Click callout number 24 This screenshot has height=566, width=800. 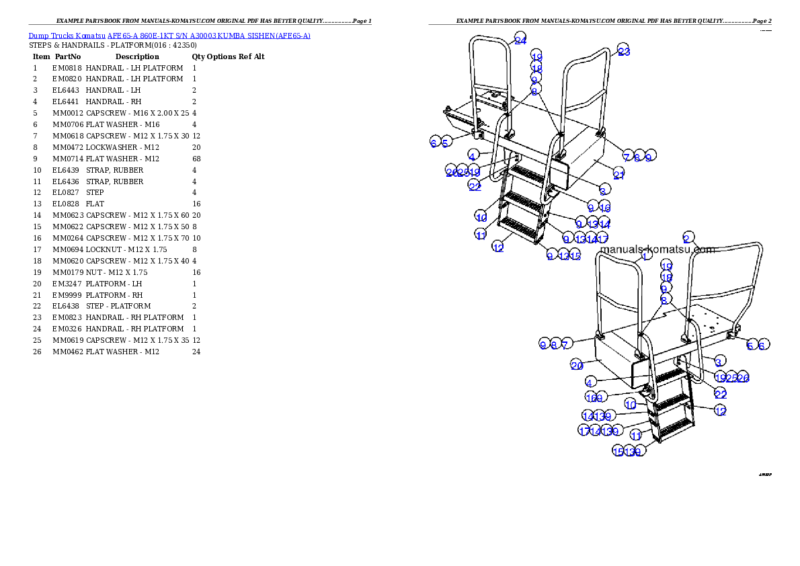520,40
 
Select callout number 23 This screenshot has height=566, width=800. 624,51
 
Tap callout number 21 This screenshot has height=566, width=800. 618,175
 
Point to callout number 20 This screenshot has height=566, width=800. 577,365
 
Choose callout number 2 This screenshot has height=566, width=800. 687,238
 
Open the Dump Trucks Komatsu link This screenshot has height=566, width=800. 169,36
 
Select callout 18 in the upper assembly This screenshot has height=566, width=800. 536,68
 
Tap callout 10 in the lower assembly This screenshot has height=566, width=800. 631,404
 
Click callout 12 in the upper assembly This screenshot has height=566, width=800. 497,247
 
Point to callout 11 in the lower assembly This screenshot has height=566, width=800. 636,436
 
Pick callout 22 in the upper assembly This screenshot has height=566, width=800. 475,186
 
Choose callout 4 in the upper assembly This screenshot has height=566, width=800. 473,155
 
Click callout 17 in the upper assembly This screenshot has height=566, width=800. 602,239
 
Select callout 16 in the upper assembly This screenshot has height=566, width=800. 605,208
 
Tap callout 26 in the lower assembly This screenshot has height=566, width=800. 743,378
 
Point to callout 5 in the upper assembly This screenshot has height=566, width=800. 445,143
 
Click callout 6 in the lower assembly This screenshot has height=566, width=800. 762,345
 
